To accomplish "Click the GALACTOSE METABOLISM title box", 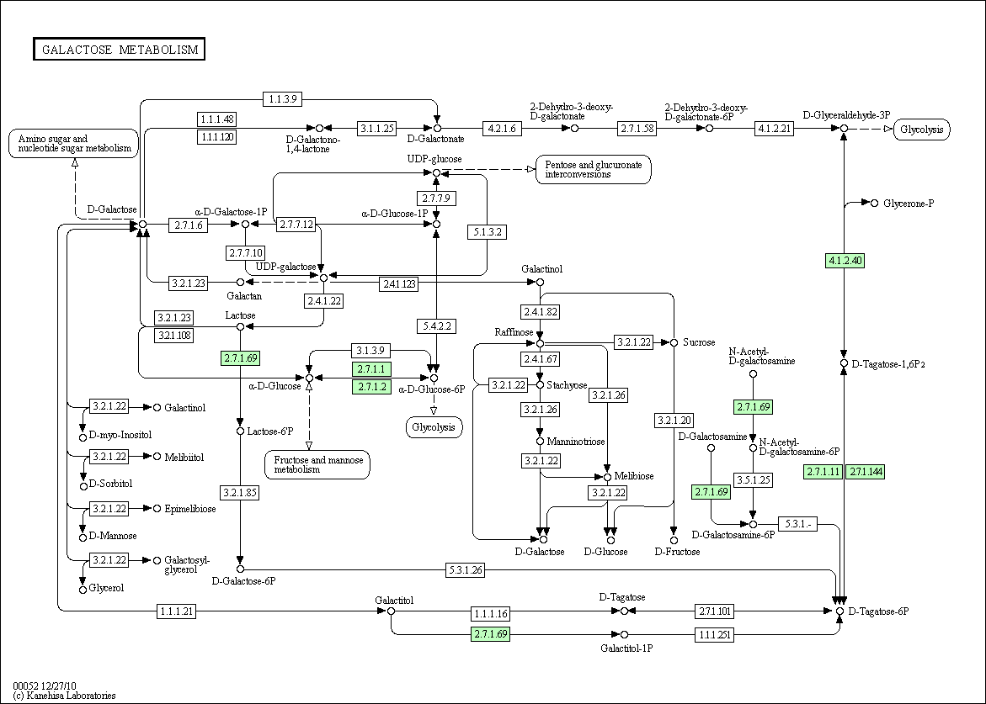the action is (120, 49).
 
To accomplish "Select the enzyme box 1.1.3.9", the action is (283, 98).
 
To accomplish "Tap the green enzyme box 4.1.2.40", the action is (845, 260).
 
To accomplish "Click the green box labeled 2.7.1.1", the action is (371, 368).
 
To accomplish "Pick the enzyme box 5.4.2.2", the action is (436, 326).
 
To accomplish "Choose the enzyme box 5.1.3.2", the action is (488, 232).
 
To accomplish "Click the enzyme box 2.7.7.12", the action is (296, 225).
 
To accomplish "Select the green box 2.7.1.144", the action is (866, 472).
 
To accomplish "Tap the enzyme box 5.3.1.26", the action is (466, 570).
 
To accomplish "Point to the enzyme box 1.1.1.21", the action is (177, 610).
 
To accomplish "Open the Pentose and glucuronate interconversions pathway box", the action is (593, 170).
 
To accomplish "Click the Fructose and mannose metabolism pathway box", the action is (317, 465).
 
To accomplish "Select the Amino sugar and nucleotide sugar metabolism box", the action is (73, 143).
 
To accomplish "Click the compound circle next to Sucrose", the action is (674, 342).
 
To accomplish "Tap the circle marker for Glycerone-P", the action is (874, 203).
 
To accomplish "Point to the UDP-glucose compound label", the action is (434, 159).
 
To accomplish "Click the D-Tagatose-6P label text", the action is (878, 611).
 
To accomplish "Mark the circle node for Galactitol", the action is (392, 611).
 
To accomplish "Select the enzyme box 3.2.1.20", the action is (674, 421).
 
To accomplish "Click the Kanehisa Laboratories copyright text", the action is (64, 696).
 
